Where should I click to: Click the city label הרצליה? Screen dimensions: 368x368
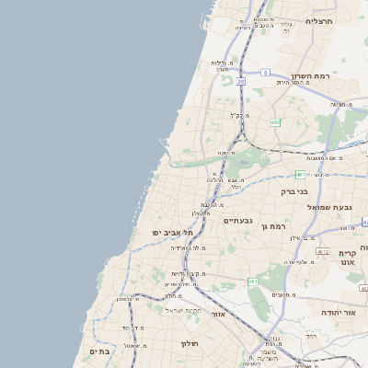click(x=318, y=20)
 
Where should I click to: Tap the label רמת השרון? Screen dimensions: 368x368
click(x=310, y=75)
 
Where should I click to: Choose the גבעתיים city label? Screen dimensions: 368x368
click(x=237, y=221)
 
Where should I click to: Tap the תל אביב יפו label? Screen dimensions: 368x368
click(x=170, y=233)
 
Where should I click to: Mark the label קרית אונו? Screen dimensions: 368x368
click(x=347, y=258)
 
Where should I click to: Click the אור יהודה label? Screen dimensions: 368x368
click(x=338, y=313)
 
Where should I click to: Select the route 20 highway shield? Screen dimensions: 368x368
click(x=241, y=81)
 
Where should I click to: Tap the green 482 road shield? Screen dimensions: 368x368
click(x=276, y=122)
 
